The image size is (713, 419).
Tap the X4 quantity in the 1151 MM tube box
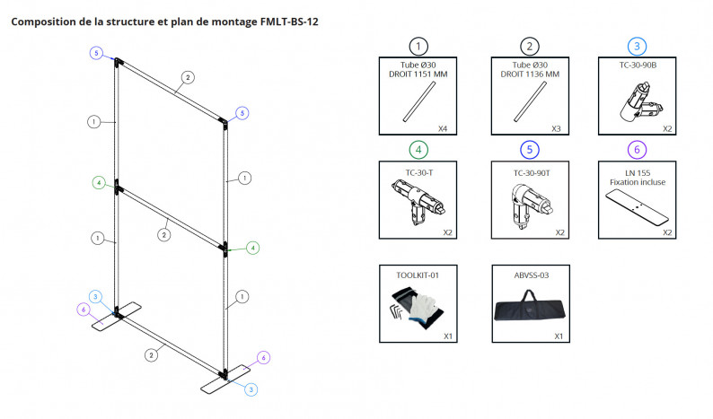point(442,128)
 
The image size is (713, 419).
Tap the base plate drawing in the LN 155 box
point(639,207)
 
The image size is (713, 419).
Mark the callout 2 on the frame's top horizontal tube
point(186,77)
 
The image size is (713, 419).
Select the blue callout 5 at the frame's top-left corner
point(96,54)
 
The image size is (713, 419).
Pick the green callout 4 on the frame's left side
point(97,183)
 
